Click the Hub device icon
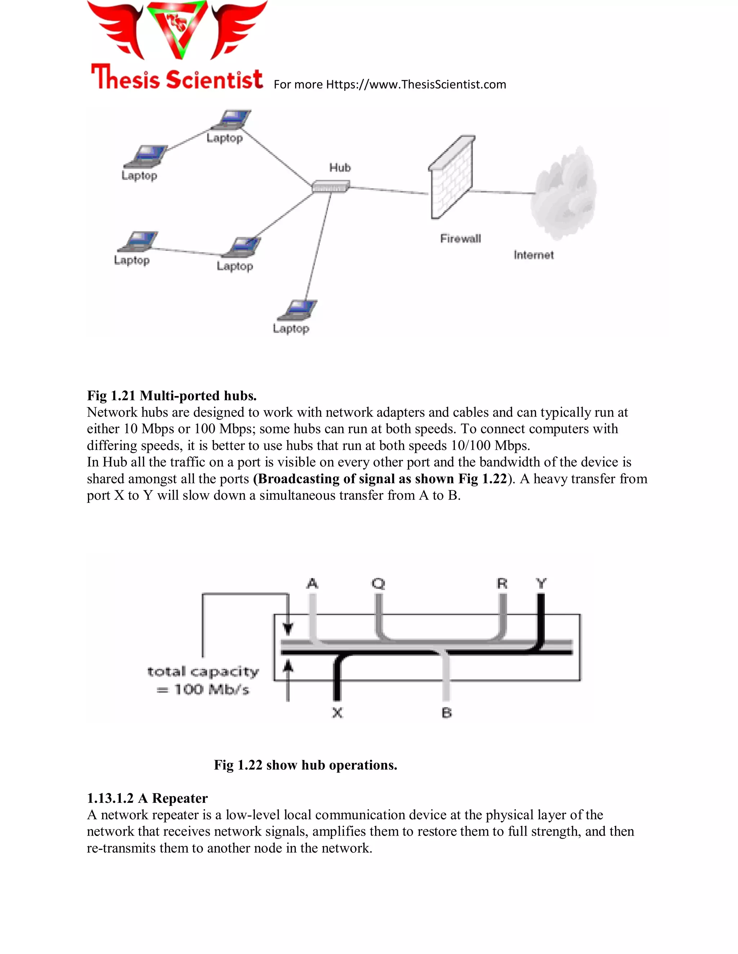pyautogui.click(x=330, y=187)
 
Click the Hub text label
pyautogui.click(x=340, y=168)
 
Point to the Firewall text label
pyautogui.click(x=461, y=238)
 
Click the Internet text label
pyautogui.click(x=533, y=255)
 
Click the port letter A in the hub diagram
pyautogui.click(x=312, y=584)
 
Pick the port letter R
pyautogui.click(x=502, y=584)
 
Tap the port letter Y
pyautogui.click(x=541, y=584)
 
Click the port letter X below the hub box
pyautogui.click(x=337, y=713)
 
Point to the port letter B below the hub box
pyautogui.click(x=446, y=713)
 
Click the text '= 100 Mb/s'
pyautogui.click(x=203, y=690)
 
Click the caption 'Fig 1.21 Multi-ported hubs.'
pyautogui.click(x=172, y=396)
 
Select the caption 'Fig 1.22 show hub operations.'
pyautogui.click(x=305, y=765)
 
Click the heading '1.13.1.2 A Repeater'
pyautogui.click(x=147, y=798)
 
